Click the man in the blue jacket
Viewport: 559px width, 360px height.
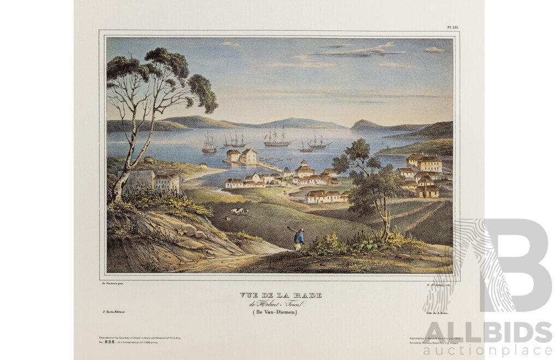point(298,238)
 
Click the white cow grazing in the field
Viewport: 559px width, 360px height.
point(235,211)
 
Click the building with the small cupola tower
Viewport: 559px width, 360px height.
point(304,169)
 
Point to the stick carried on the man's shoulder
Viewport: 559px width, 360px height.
point(291,229)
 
